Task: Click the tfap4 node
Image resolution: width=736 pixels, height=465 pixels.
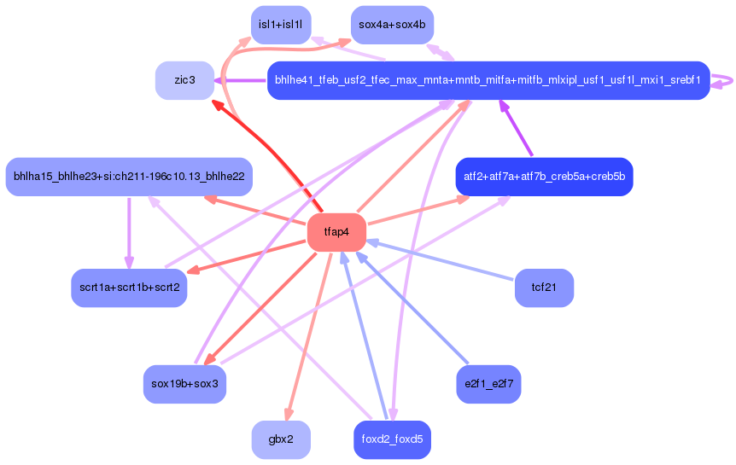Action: click(336, 232)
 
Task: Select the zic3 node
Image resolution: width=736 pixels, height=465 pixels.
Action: click(184, 80)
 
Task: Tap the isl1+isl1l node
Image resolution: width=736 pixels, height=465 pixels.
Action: click(281, 25)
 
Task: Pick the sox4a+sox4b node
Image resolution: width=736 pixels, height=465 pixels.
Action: click(392, 25)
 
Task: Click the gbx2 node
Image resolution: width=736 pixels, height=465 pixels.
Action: click(281, 439)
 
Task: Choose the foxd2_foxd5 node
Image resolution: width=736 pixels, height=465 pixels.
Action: click(392, 439)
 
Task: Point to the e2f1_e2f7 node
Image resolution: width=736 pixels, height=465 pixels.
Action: click(488, 384)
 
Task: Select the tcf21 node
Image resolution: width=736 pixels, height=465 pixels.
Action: click(544, 288)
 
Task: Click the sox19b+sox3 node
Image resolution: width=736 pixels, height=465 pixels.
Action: click(184, 384)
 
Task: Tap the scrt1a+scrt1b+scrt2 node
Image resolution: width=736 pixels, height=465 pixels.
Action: click(129, 288)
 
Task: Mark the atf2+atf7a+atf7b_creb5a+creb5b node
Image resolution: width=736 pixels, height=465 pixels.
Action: click(544, 177)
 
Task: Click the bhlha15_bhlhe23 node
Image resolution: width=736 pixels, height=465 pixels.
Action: click(129, 177)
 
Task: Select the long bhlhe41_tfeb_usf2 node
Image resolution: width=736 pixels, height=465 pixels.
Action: click(488, 80)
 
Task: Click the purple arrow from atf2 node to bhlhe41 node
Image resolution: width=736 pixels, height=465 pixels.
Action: click(517, 129)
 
